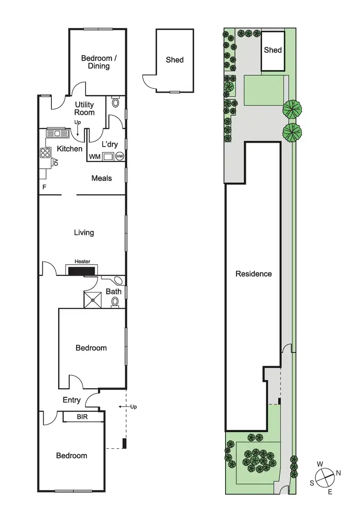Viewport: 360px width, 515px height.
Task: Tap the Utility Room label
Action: [x=84, y=109]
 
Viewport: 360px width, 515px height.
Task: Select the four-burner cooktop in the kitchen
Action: [x=45, y=153]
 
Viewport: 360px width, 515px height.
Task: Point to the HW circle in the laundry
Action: [x=120, y=156]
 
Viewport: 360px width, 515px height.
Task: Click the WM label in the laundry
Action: [x=95, y=157]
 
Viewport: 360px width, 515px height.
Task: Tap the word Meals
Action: [x=102, y=178]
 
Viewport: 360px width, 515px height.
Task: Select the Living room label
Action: [x=84, y=233]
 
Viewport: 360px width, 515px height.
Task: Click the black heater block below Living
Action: [x=81, y=271]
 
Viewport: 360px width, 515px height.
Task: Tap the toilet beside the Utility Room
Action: [x=115, y=102]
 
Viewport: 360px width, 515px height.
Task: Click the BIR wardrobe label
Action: [x=83, y=417]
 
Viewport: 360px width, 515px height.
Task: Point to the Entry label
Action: [x=72, y=400]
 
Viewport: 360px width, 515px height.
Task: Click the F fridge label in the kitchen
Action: [x=44, y=187]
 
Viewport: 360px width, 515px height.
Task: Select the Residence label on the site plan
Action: [x=253, y=274]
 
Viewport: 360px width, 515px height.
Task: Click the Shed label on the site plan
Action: [x=273, y=50]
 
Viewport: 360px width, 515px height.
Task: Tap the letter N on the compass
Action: [x=338, y=473]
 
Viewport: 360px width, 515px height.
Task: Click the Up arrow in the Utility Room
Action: [x=78, y=126]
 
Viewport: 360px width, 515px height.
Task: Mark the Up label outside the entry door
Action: [x=133, y=407]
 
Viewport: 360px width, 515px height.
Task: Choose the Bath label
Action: [x=114, y=291]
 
